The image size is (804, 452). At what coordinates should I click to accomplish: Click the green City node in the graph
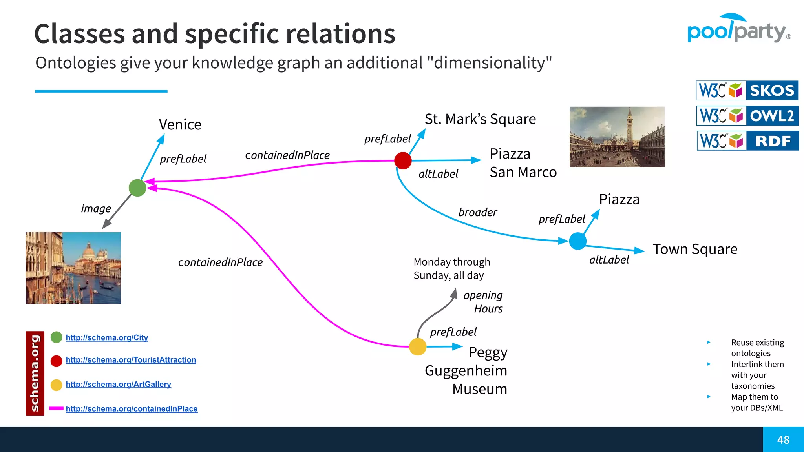[137, 188]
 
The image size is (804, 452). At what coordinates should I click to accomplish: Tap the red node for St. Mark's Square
[403, 160]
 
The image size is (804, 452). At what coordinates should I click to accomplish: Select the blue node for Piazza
[577, 241]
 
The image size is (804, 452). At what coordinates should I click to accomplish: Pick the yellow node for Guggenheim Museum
[418, 347]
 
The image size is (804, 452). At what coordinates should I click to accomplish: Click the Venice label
[180, 125]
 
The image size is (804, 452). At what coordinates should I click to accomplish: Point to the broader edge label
[477, 212]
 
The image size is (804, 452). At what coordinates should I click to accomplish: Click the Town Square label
[695, 249]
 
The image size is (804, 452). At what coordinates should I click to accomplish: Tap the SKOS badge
[747, 90]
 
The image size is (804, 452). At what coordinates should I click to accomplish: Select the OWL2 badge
[747, 116]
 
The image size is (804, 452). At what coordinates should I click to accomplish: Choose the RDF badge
[747, 141]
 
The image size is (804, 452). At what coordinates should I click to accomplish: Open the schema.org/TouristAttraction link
[131, 360]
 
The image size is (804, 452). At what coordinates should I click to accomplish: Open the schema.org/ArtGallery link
[118, 384]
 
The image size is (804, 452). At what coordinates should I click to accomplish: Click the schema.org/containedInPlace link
[132, 408]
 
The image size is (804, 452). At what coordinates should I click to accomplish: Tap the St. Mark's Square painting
[617, 137]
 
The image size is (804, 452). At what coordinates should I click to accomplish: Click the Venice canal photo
[73, 268]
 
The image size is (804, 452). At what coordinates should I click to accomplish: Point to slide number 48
[783, 440]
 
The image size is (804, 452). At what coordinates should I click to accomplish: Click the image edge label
[96, 208]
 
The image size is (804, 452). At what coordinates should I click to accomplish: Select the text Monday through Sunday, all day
[451, 268]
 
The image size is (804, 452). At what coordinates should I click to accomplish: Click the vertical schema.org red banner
[35, 373]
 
